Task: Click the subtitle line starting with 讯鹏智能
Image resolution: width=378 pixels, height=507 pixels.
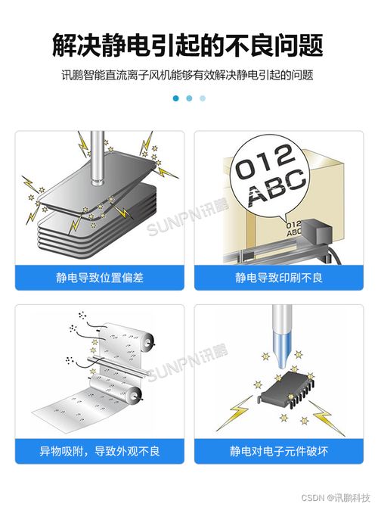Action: (x=188, y=76)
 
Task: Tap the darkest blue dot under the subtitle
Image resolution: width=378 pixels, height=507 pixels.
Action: (x=175, y=98)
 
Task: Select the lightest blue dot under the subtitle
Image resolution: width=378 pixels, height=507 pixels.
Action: (x=203, y=98)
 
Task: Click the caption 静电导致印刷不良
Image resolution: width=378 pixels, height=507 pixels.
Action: (x=278, y=278)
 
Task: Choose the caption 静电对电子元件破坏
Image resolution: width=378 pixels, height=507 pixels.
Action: (x=278, y=451)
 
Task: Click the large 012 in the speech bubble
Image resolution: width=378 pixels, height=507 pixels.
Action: (x=264, y=162)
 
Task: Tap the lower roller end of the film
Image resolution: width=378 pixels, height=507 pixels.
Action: (x=135, y=393)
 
